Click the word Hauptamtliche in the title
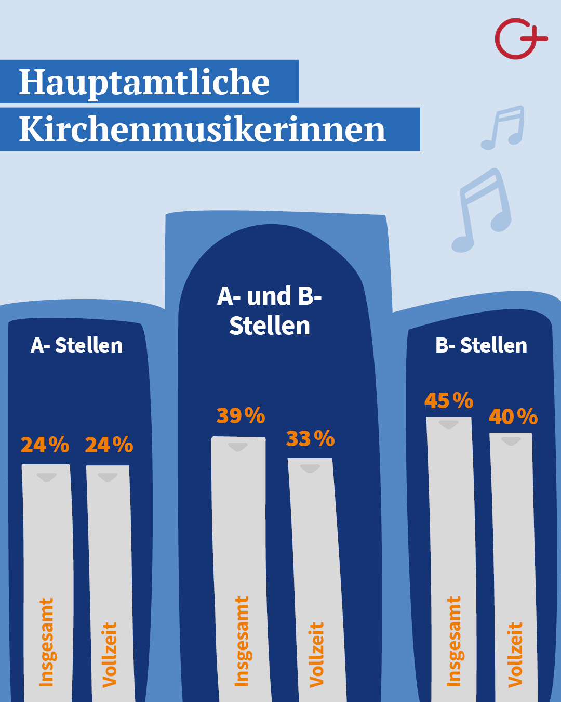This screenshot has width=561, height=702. (144, 82)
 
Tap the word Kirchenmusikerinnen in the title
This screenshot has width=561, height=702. (203, 129)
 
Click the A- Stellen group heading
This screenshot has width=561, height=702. (77, 345)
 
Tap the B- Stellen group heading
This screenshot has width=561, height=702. (481, 345)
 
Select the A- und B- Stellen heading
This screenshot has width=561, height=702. (270, 311)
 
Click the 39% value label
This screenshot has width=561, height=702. (241, 415)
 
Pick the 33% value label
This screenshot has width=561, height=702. (310, 438)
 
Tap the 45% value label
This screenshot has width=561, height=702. (449, 400)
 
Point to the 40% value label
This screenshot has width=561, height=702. (513, 417)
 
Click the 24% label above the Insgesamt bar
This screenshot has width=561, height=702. (45, 445)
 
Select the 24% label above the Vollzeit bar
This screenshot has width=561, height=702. (109, 445)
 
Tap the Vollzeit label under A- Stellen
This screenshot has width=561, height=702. (110, 655)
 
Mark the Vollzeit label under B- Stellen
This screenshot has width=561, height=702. (515, 655)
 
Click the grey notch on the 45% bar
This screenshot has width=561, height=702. (449, 425)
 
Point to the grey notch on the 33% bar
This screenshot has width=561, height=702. (310, 469)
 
